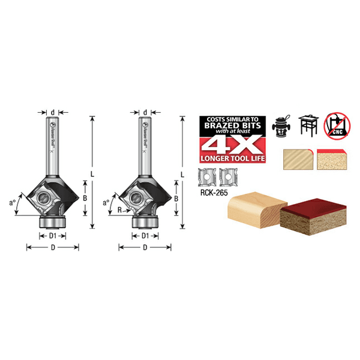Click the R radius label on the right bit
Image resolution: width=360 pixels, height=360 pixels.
(121, 211)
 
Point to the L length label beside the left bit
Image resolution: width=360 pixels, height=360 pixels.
(91, 173)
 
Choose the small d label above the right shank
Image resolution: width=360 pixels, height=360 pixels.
(145, 112)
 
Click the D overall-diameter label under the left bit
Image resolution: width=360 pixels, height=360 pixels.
(52, 247)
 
